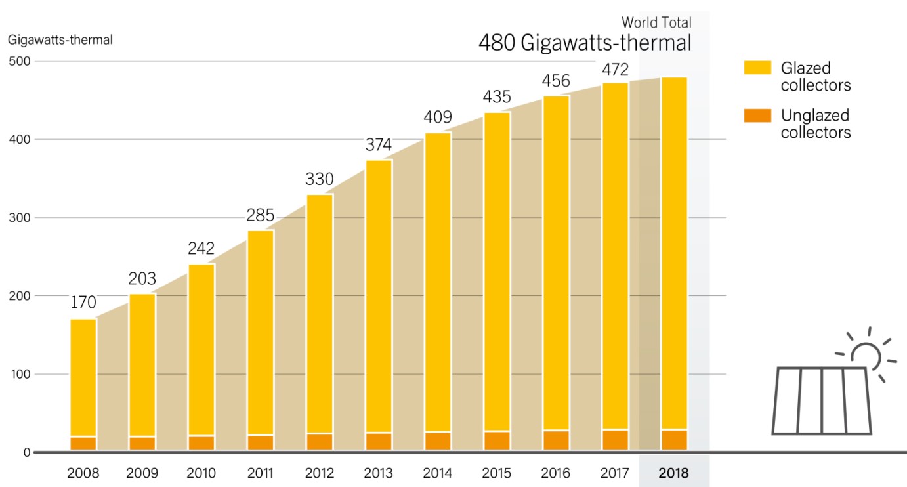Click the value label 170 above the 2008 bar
click(83, 303)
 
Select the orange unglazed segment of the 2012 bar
click(320, 442)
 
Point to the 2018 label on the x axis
click(674, 473)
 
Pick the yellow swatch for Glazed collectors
click(757, 68)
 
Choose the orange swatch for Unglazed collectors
click(757, 116)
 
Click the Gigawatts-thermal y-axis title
click(60, 40)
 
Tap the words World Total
click(656, 23)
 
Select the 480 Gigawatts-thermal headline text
click(585, 43)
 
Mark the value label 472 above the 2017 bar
click(615, 70)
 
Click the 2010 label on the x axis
click(201, 473)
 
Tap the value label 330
click(320, 179)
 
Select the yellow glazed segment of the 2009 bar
click(142, 364)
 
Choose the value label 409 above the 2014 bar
click(438, 117)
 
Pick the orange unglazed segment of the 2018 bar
click(674, 440)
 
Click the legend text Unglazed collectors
click(816, 124)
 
